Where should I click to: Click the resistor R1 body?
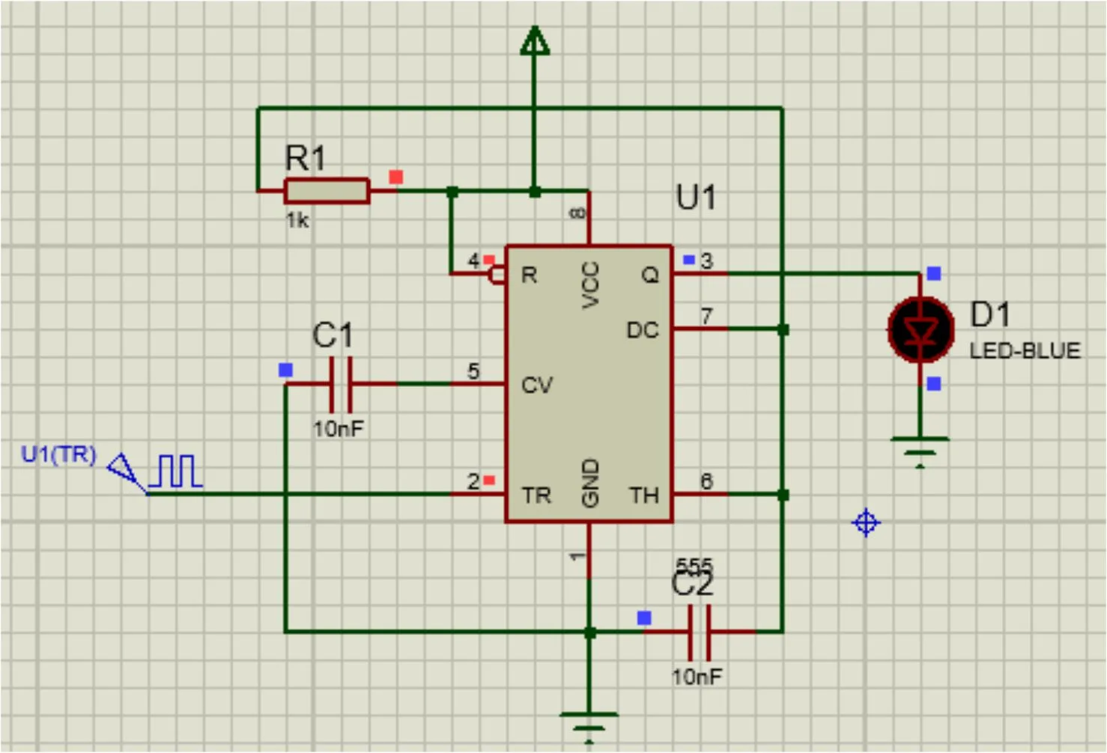point(327,191)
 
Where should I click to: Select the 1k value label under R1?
point(297,220)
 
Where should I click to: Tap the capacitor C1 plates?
point(341,383)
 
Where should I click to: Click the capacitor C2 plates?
point(699,632)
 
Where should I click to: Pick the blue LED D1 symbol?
point(921,329)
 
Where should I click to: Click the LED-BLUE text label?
point(1025,351)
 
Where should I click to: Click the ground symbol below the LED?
point(920,450)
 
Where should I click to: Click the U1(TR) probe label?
point(58,454)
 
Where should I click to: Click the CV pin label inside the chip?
point(536,385)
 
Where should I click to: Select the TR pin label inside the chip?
point(536,495)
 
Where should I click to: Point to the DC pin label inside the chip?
point(642,330)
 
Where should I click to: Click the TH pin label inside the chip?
point(643,495)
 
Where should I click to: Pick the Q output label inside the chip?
point(649,275)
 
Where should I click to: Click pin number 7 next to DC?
point(706,316)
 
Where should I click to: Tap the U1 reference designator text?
point(696,198)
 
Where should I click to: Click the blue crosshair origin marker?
point(866,522)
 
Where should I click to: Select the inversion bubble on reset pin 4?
point(497,275)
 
